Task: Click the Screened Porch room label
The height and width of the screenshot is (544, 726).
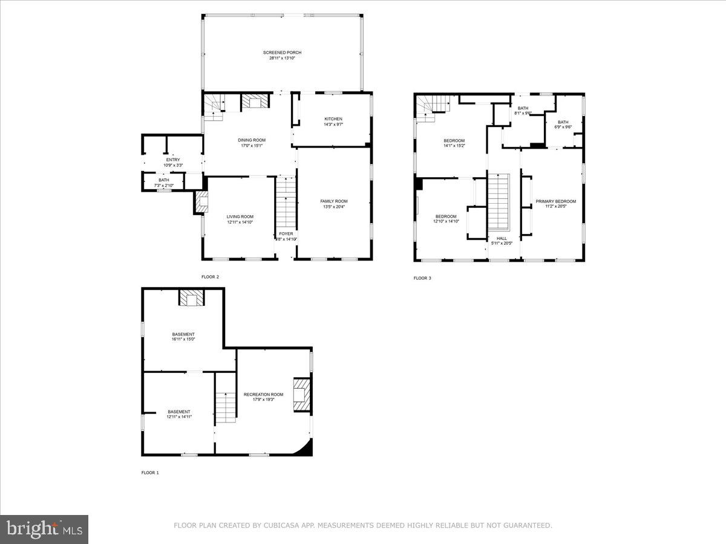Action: pos(282,53)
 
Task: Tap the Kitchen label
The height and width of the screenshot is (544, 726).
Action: pos(333,118)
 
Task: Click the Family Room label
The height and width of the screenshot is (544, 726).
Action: pos(334,201)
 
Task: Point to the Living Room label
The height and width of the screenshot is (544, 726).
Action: pos(240,216)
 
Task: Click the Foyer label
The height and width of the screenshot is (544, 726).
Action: pos(286,233)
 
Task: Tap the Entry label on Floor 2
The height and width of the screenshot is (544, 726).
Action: pos(165,160)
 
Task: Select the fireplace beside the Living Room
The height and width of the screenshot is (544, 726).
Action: pos(201,202)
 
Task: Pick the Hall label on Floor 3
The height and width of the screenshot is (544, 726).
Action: pos(502,238)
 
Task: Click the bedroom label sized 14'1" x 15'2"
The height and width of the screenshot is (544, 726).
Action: pos(454,141)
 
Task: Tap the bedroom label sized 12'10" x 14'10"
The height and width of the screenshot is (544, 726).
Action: pos(446,216)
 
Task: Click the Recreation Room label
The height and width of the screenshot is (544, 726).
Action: pos(263,394)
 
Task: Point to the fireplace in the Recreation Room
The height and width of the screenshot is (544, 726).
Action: pos(301,394)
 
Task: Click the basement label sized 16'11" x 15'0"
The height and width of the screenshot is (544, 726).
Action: pos(183,334)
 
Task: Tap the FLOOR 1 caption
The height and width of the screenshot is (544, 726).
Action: pos(150,473)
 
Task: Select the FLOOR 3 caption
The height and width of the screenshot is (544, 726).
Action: pos(422,278)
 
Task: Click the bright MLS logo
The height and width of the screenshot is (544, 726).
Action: pos(44,529)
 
